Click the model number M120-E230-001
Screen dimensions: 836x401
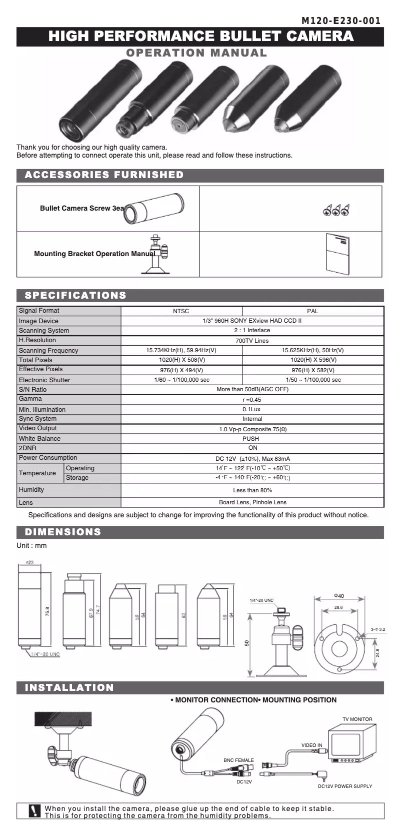tap(341, 21)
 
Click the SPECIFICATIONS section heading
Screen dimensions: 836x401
tap(75, 295)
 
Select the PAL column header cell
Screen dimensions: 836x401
tap(313, 311)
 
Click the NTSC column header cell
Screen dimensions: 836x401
tap(181, 311)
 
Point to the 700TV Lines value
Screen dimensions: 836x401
tap(252, 341)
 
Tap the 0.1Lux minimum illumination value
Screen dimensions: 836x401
tap(252, 409)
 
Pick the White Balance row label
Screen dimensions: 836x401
tap(39, 439)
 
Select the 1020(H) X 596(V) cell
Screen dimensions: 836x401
tap(313, 360)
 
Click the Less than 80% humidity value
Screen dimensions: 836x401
tap(252, 490)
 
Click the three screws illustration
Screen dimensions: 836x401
tap(335, 210)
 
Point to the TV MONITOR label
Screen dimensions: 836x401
tap(357, 719)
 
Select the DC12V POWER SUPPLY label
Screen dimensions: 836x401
tap(345, 786)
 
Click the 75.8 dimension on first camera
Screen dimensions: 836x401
tap(47, 611)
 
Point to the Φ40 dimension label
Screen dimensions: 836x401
tap(338, 596)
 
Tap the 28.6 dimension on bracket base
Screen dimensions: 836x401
tap(338, 607)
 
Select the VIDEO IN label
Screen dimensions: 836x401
tap(311, 745)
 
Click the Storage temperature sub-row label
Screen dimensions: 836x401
tap(77, 478)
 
